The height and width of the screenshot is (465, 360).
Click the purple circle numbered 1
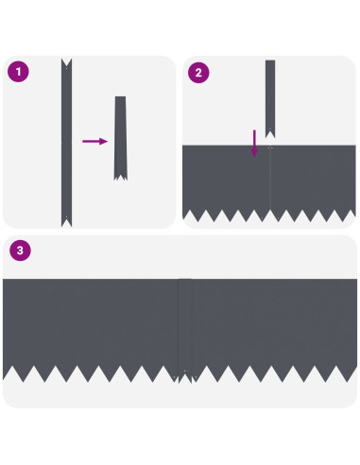pos(18,72)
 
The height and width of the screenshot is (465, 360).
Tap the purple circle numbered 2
pos(198,73)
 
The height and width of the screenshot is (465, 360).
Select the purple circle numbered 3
pos(20,250)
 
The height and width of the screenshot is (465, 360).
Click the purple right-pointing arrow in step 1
pos(95,141)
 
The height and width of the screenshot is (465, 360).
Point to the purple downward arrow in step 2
pos(254,144)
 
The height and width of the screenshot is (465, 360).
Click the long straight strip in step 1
pos(66,143)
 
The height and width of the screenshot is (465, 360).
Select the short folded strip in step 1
pos(121,138)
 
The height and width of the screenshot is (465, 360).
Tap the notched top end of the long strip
pos(66,63)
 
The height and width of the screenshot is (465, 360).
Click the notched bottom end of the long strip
pos(66,222)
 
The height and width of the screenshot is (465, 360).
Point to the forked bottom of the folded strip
pos(121,177)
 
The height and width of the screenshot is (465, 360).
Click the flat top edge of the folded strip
pos(120,96)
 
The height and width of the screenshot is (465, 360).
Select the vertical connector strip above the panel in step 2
pos(270,98)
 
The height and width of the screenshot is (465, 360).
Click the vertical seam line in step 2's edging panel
pos(270,180)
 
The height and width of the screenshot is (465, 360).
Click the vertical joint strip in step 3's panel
pos(185,328)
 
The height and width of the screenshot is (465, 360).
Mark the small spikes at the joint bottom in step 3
pos(185,377)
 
